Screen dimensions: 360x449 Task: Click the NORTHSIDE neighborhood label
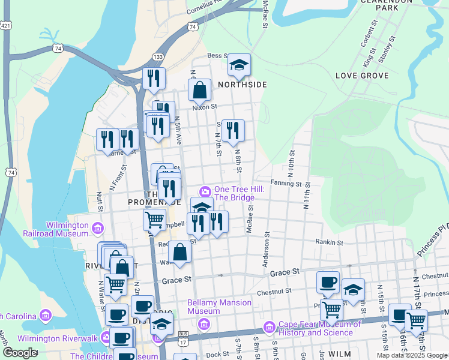pyautogui.click(x=242, y=85)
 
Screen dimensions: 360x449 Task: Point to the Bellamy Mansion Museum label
pyautogui.click(x=219, y=307)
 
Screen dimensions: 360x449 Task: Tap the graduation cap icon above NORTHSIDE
pyautogui.click(x=239, y=65)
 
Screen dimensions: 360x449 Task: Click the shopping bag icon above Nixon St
pyautogui.click(x=199, y=90)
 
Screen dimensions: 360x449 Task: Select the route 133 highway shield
pyautogui.click(x=158, y=56)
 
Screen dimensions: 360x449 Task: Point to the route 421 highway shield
pyautogui.click(x=5, y=26)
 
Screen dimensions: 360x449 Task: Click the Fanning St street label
pyautogui.click(x=286, y=184)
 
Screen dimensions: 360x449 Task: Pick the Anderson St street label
pyautogui.click(x=265, y=248)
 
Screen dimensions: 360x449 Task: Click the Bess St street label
pyautogui.click(x=215, y=56)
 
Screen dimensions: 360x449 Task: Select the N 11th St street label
pyautogui.click(x=307, y=196)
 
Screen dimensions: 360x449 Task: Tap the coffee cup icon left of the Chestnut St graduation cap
pyautogui.click(x=328, y=283)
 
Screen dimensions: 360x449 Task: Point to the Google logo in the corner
pyautogui.click(x=20, y=353)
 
